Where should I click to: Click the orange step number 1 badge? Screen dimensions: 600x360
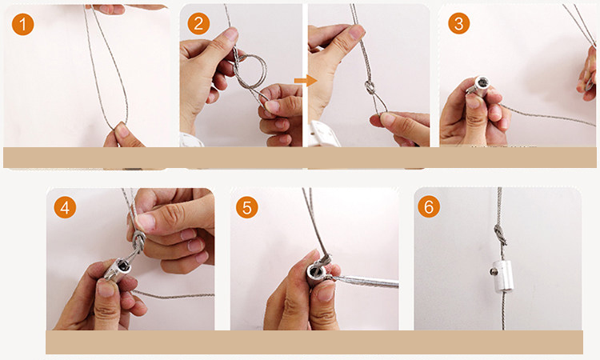point(22,24)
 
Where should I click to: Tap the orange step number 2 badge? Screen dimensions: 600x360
point(198,24)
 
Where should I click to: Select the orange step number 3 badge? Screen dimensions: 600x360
point(458,23)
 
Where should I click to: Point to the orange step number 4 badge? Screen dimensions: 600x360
point(65,207)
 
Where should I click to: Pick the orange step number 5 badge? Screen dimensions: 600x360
point(247,207)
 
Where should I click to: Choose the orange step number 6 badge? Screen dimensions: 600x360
point(429,206)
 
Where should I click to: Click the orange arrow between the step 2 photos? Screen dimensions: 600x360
point(306,80)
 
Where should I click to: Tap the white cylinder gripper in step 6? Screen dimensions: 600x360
point(502,276)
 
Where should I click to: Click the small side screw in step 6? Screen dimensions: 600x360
point(493,272)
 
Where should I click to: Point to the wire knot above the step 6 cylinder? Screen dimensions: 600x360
point(500,234)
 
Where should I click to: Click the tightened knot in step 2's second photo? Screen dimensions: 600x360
point(370,88)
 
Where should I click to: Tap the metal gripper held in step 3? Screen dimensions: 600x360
point(479,86)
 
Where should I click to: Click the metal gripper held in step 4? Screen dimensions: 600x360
point(118,269)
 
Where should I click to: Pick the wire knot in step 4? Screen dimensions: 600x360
point(138,242)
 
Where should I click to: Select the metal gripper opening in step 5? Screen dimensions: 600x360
point(317,272)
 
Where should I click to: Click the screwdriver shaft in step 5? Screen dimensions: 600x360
point(366,282)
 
